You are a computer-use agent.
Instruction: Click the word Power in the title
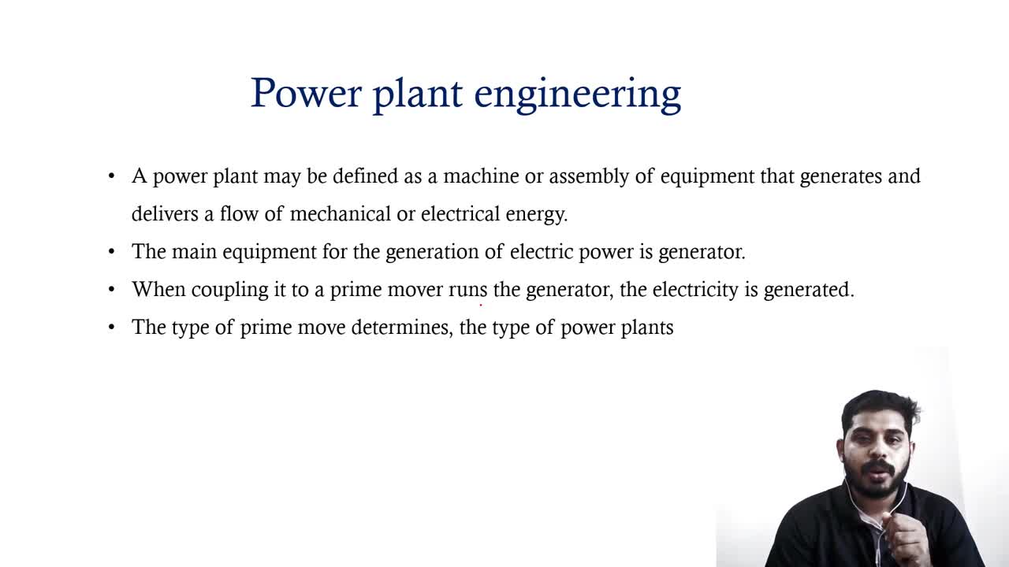(306, 93)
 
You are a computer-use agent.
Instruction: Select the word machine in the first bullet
(481, 176)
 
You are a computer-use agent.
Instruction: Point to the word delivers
(165, 213)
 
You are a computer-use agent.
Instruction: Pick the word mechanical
(341, 213)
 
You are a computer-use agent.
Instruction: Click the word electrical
(460, 213)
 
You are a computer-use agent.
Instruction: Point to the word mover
(415, 290)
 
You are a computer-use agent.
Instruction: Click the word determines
(402, 328)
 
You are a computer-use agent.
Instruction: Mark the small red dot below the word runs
(481, 305)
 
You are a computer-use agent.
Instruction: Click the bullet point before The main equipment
(112, 251)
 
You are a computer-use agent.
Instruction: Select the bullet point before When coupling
(112, 289)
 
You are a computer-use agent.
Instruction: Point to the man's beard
(877, 481)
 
